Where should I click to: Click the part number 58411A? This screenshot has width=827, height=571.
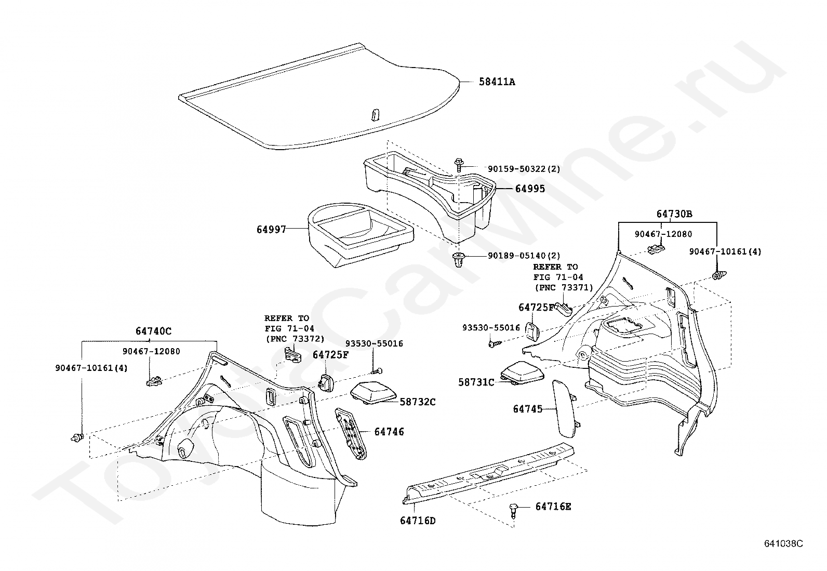497,82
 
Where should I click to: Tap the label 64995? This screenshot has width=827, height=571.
530,189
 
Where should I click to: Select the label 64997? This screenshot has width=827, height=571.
271,230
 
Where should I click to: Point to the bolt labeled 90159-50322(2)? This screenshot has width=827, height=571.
459,165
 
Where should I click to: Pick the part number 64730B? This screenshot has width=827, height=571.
674,214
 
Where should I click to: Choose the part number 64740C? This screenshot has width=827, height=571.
154,331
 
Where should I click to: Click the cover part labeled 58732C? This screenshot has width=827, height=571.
374,393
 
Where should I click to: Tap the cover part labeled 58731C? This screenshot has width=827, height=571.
522,373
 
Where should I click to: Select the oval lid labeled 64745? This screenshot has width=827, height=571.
565,409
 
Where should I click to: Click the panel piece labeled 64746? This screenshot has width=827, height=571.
351,434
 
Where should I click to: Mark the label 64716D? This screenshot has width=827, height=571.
418,521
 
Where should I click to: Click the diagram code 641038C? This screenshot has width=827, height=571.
783,543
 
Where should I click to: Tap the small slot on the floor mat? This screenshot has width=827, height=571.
375,114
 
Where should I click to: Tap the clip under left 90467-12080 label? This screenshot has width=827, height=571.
154,381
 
